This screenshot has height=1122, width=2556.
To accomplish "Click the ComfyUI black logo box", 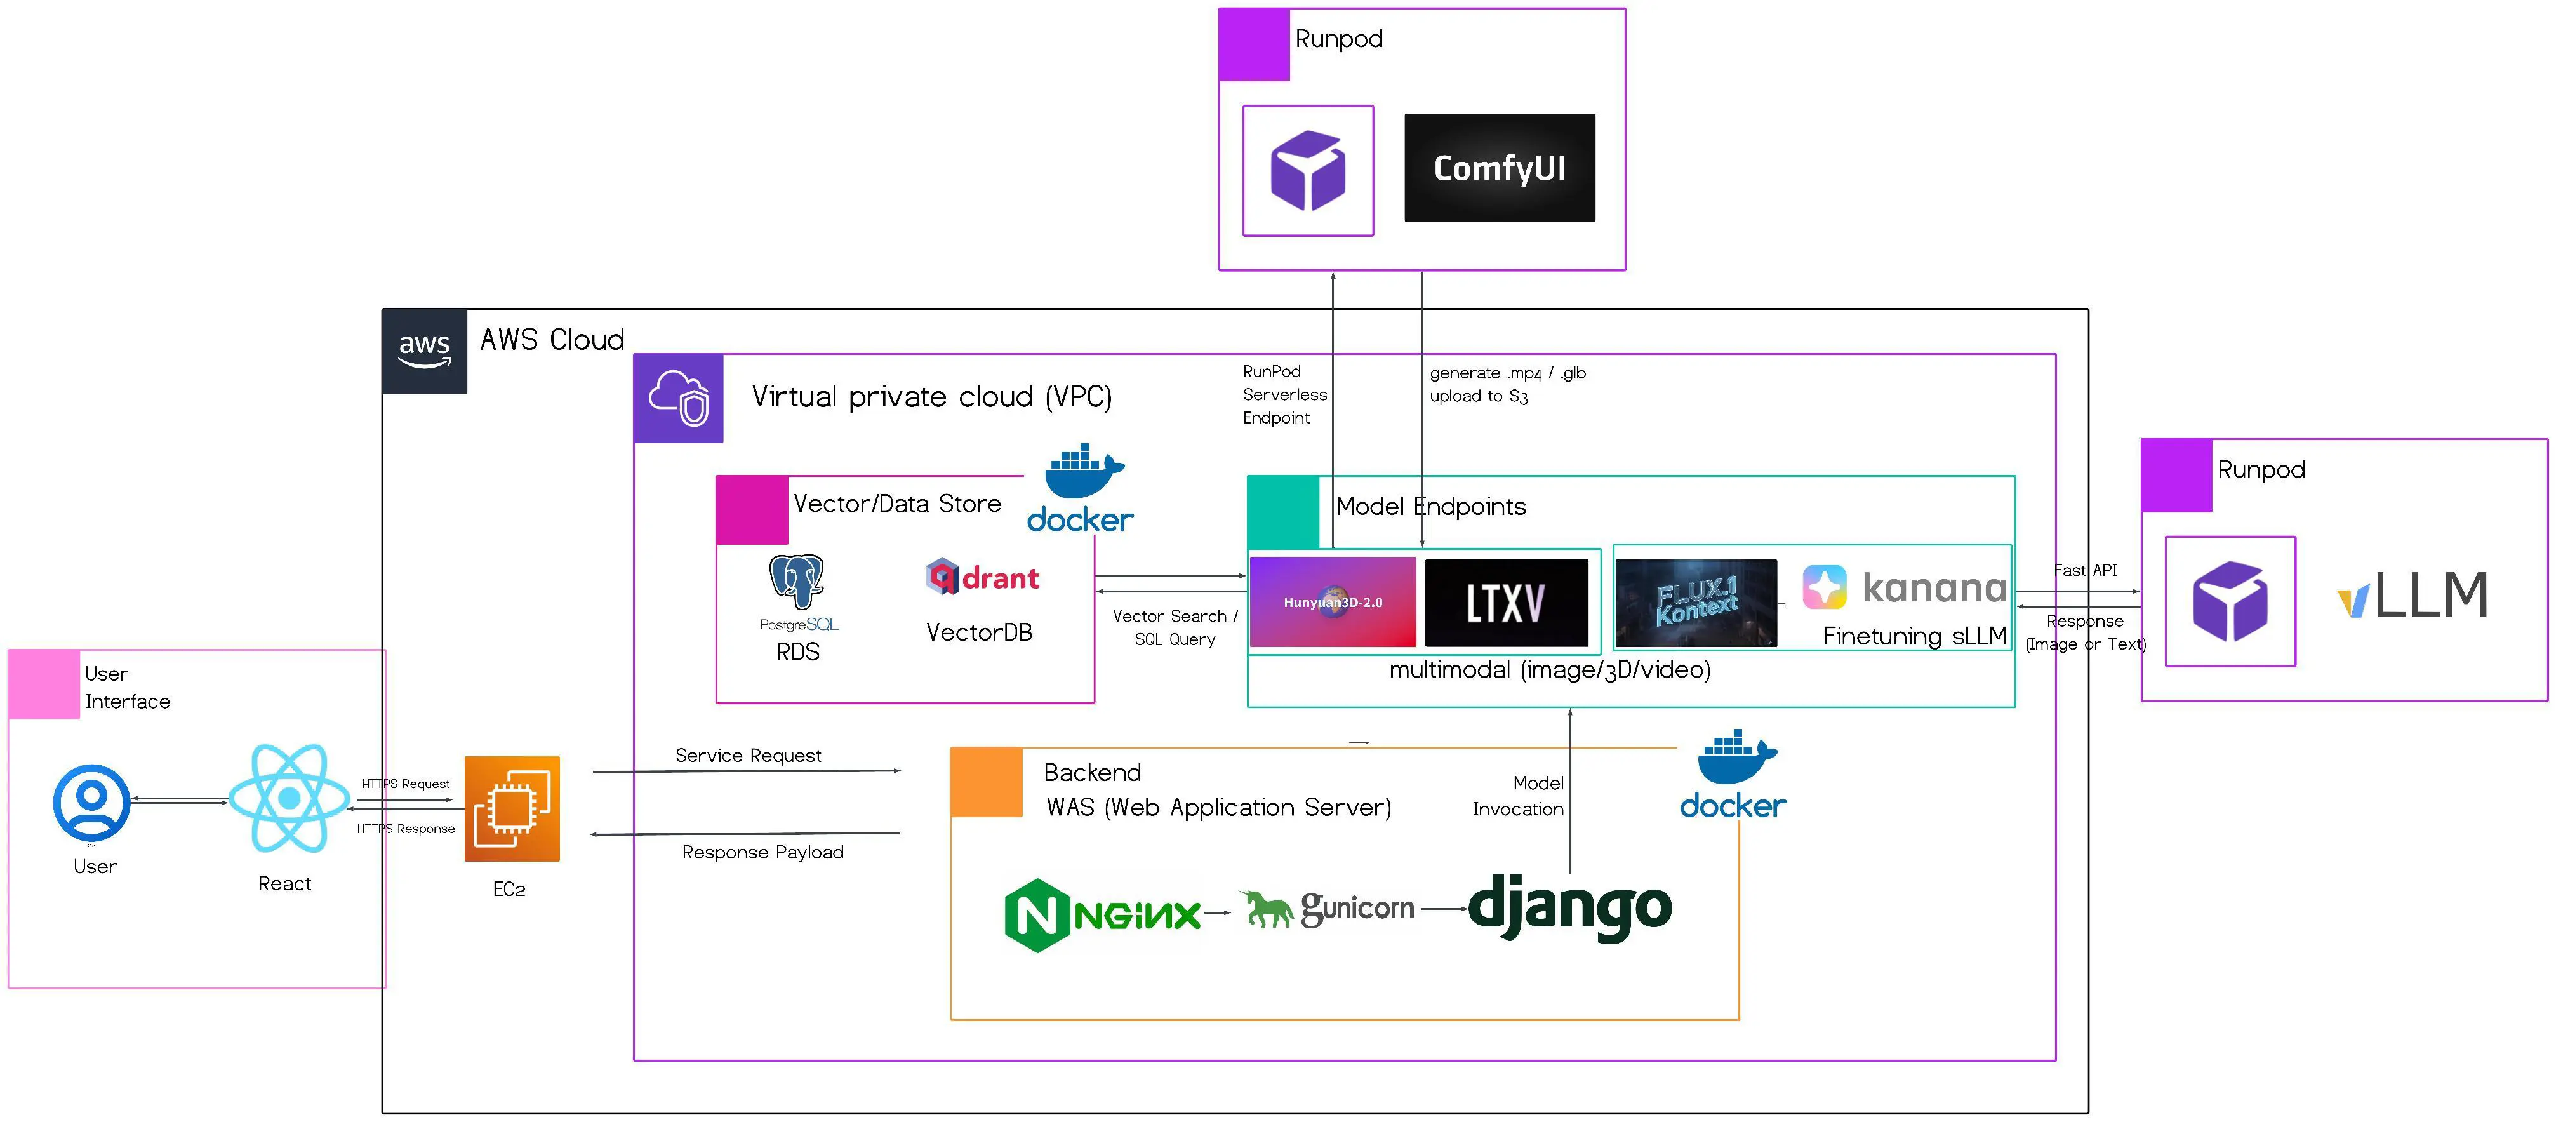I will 1500,168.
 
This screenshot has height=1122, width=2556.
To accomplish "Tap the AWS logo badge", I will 425,351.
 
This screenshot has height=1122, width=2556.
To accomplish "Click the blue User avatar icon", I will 91,803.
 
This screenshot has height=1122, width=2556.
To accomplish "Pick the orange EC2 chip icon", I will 512,808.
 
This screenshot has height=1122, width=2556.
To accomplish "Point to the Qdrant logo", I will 982,577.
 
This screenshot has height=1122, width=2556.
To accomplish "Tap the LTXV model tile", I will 1505,602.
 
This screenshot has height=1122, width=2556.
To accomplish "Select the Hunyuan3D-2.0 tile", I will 1333,602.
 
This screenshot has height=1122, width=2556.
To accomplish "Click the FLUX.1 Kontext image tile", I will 1696,602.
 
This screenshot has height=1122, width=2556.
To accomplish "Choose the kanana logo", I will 1904,587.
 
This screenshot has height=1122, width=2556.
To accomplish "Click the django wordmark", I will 1569,905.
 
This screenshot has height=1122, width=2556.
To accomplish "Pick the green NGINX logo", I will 1102,914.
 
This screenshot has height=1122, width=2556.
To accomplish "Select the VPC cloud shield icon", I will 679,397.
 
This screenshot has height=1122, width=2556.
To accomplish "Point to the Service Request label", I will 748,756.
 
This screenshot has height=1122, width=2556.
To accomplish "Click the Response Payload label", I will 762,852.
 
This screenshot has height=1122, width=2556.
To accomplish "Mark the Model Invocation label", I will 1518,796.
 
